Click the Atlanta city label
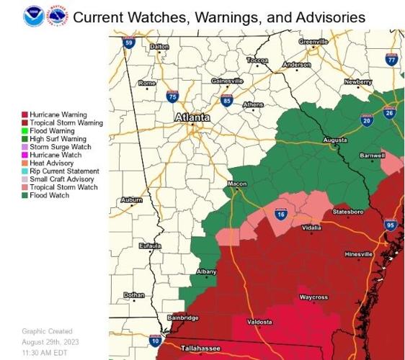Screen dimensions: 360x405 192,117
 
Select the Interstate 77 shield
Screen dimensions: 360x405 391,60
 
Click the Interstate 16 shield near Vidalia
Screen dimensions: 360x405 280,213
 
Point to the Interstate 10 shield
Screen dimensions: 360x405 155,339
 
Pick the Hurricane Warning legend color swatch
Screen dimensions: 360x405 25,115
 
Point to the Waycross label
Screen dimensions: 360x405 313,297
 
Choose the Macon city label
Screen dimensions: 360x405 237,184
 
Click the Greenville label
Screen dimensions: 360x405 313,42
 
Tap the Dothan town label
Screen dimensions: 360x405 133,295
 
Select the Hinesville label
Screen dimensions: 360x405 358,255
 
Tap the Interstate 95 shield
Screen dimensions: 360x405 391,225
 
